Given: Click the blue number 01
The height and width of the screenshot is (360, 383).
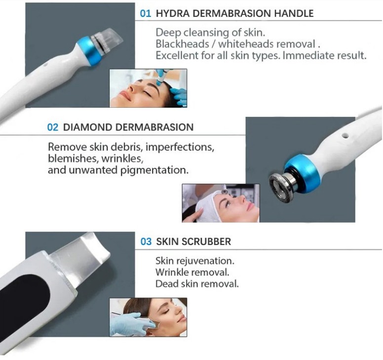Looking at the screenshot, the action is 145,13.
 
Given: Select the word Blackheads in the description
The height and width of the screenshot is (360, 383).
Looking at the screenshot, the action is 183,44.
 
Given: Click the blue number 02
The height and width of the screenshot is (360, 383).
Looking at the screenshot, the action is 53,127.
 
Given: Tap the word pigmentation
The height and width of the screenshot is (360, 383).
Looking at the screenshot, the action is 154,170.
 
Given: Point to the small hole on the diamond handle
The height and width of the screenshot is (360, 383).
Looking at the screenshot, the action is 345,135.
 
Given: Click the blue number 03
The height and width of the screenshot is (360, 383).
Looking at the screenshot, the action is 146,241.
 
